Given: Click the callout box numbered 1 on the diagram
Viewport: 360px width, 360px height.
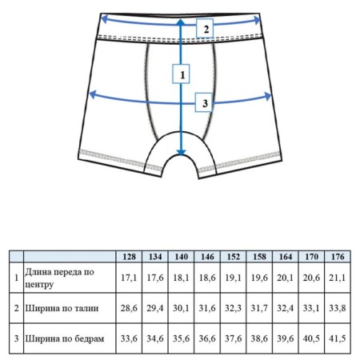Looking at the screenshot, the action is pyautogui.click(x=181, y=74).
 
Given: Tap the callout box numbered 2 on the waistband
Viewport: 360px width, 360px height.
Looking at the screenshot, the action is pyautogui.click(x=205, y=28).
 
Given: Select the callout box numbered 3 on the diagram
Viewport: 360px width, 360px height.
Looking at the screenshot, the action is pyautogui.click(x=204, y=102).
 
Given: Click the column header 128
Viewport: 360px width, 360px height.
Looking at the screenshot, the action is pyautogui.click(x=129, y=257).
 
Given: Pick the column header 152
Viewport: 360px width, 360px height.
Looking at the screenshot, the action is pyautogui.click(x=234, y=257).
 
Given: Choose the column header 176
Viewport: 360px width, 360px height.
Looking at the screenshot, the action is pyautogui.click(x=338, y=257).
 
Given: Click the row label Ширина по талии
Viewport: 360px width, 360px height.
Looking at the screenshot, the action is pyautogui.click(x=62, y=308).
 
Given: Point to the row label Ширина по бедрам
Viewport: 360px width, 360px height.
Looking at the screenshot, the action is pyautogui.click(x=65, y=338).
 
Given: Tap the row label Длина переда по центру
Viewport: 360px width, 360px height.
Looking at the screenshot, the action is pyautogui.click(x=59, y=278).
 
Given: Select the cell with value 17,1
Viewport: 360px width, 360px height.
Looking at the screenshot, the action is pyautogui.click(x=129, y=278).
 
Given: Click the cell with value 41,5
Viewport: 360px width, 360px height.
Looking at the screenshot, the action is pyautogui.click(x=338, y=338).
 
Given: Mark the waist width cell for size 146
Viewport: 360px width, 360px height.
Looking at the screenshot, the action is pyautogui.click(x=207, y=308).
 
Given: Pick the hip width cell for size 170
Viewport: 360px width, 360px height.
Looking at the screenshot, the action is pyautogui.click(x=311, y=338).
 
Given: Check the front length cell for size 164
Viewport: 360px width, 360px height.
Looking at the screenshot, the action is pyautogui.click(x=286, y=278).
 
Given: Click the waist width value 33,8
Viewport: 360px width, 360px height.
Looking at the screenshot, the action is pyautogui.click(x=338, y=308).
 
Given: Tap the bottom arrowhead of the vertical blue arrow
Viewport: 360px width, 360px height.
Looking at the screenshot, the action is pyautogui.click(x=181, y=152).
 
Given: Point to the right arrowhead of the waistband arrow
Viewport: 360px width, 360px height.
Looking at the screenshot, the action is pyautogui.click(x=257, y=20).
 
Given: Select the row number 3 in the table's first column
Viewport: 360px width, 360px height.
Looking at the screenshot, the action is pyautogui.click(x=17, y=338).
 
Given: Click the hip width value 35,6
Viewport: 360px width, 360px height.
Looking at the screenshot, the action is pyautogui.click(x=182, y=338).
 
